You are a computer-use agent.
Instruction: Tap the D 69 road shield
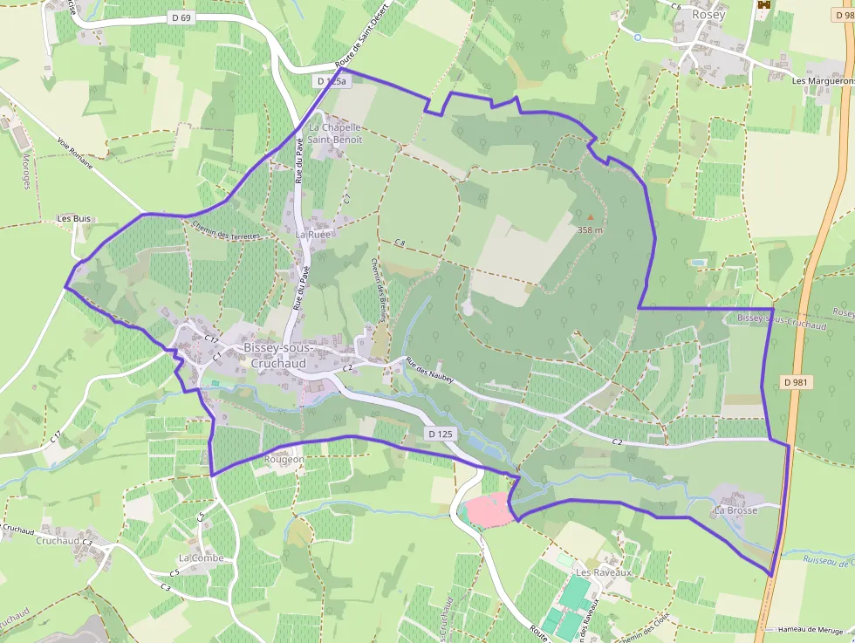tap(181, 17)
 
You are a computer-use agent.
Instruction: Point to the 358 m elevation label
tap(590, 229)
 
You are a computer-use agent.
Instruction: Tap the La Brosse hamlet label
tap(735, 510)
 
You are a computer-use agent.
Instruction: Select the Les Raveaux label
tap(603, 572)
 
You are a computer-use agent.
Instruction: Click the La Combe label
tap(201, 558)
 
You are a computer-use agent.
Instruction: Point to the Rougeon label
tap(284, 459)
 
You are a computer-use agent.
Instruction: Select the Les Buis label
tap(74, 218)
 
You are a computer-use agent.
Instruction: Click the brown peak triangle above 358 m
tap(590, 217)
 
